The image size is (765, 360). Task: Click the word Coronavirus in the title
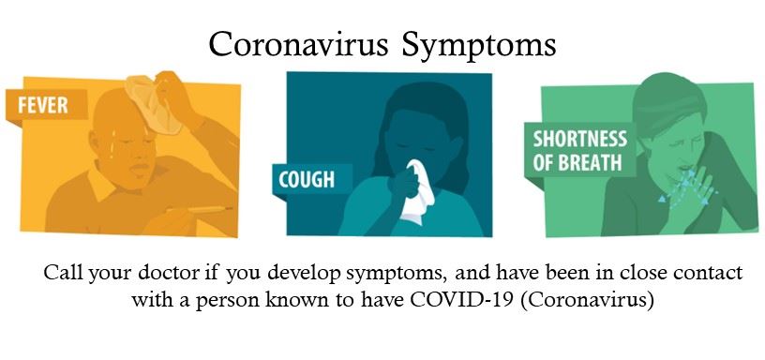(x=298, y=45)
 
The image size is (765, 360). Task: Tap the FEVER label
(x=42, y=105)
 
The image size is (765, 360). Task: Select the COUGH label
(x=307, y=179)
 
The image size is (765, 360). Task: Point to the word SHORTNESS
(x=579, y=139)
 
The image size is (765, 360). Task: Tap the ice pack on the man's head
(x=153, y=103)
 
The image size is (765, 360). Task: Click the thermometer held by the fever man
(x=199, y=209)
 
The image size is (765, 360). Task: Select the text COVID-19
(x=463, y=299)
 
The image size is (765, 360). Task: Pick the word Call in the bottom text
(x=61, y=273)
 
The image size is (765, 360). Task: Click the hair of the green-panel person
(x=667, y=101)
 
